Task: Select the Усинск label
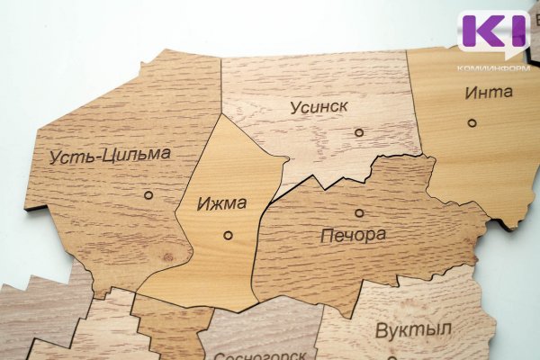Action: point(319,107)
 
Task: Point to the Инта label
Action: point(489,92)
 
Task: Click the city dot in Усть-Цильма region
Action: point(148,194)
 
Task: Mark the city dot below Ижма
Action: point(228,235)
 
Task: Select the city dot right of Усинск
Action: point(359,132)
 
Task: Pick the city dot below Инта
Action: point(472,122)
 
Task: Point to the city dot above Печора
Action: point(359,213)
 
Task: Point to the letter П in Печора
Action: point(328,237)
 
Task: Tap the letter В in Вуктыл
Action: point(382,329)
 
